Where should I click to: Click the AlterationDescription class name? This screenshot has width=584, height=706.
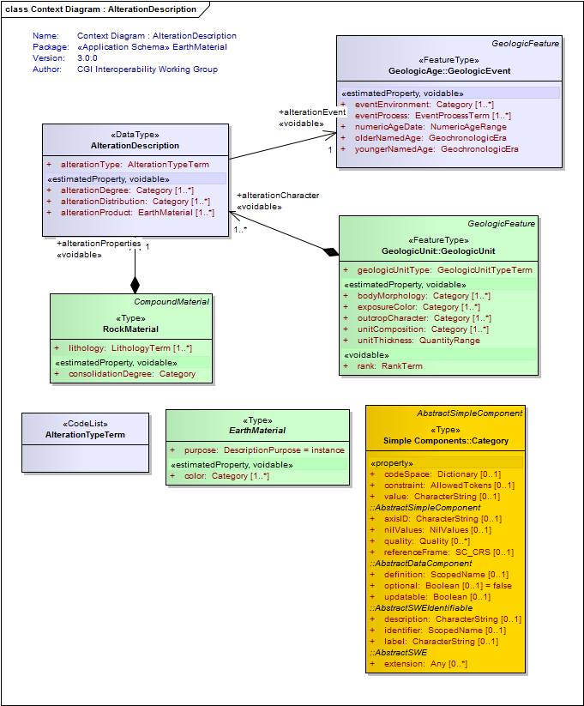(135, 146)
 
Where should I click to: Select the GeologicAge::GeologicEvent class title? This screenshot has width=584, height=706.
(449, 70)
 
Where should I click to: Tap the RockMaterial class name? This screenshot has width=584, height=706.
(130, 329)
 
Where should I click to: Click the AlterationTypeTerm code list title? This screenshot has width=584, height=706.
(85, 435)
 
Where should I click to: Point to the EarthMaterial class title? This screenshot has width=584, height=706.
(257, 431)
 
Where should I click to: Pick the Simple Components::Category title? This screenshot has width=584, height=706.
(446, 441)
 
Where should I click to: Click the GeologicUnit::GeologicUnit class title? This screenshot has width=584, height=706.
(438, 250)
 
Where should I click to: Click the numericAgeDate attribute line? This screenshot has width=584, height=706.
(430, 127)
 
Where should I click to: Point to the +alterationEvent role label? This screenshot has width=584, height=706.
(312, 112)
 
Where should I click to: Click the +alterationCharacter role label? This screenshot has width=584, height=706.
(278, 196)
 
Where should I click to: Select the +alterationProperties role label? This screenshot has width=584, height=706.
(99, 244)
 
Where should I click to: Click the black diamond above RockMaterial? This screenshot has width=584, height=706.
(135, 285)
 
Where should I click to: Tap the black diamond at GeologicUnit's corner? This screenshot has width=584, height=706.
(331, 251)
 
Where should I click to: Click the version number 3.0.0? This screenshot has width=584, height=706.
(87, 58)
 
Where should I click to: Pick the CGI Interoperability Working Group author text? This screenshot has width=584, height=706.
(148, 69)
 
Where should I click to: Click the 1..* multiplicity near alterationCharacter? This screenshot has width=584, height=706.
(240, 230)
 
